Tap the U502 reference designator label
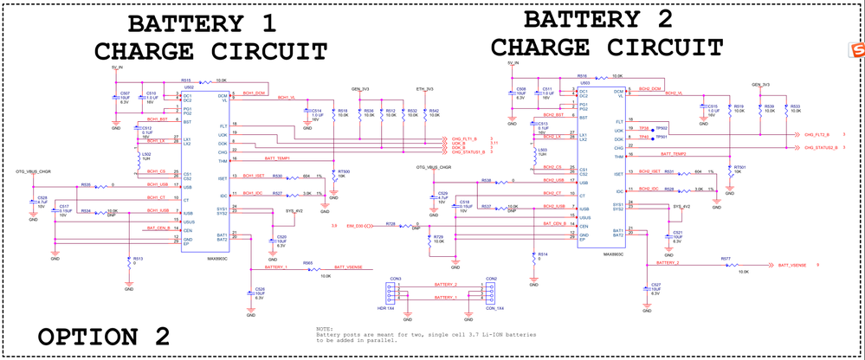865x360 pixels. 188,87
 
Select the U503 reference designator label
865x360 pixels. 585,83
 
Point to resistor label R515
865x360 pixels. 185,79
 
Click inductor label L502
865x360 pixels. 146,154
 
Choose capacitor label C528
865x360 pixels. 42,198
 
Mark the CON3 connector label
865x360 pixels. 395,279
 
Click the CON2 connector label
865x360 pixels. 491,279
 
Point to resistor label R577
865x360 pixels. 725,259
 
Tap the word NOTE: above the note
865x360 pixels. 324,328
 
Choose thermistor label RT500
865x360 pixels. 344,172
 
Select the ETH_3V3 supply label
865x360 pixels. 424,88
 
